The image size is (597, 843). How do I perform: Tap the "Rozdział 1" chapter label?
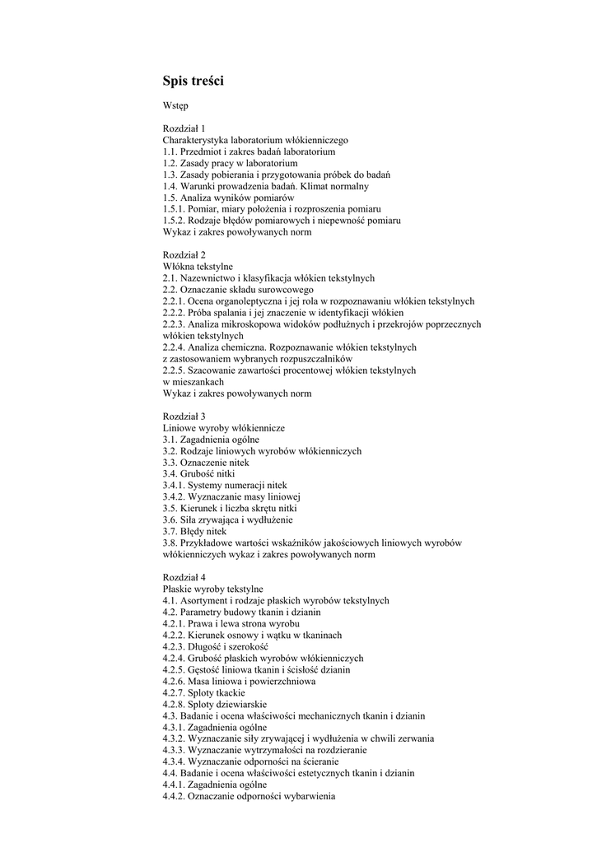coord(184,128)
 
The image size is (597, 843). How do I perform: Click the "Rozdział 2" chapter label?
coord(184,255)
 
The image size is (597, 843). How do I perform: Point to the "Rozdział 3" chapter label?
coord(184,417)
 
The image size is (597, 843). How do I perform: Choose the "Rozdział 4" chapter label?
coord(184,578)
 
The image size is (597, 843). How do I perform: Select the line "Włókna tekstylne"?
coord(198,267)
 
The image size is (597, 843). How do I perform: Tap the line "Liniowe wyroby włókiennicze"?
coord(223,428)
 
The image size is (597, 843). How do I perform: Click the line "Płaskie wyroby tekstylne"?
coord(212,589)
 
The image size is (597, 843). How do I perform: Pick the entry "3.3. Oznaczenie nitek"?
coord(205,463)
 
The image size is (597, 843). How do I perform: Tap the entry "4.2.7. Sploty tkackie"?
coord(203,693)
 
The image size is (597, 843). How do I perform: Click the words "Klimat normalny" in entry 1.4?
coord(339,186)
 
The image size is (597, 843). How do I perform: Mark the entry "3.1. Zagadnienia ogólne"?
coord(211,440)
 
